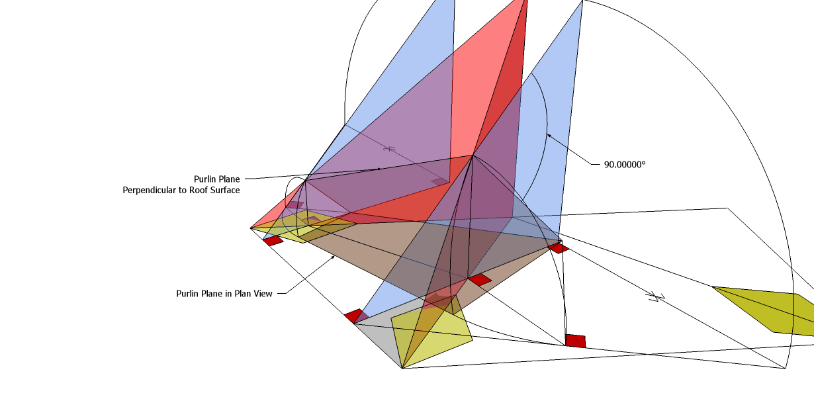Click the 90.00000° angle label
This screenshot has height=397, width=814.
pos(624,163)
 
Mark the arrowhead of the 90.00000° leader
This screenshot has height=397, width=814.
pos(549,135)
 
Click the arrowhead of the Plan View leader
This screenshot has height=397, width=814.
pos(332,257)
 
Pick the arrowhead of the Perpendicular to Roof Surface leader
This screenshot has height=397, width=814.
pos(379,169)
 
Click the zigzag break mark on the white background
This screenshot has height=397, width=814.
pos(657,296)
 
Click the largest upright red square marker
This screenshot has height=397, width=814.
pos(575,341)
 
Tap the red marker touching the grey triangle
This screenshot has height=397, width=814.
pos(353,316)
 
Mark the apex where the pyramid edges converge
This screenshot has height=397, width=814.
pos(473,155)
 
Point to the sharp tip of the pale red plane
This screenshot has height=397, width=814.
pos(251,228)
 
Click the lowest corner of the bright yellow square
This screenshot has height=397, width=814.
pos(402,368)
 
